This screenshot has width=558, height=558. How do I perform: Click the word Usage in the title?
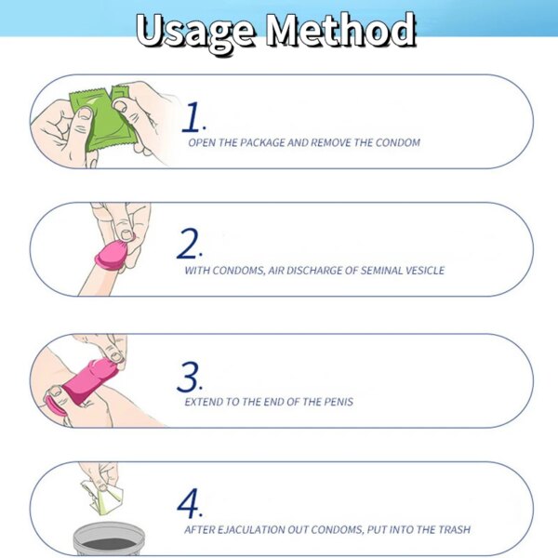point(195,32)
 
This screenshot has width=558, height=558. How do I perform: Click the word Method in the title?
point(341,30)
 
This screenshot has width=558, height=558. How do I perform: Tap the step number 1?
point(193,117)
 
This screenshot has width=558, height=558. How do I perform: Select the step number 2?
point(190,243)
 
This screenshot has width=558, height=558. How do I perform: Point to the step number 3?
point(190,377)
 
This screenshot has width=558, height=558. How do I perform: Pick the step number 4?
point(190,503)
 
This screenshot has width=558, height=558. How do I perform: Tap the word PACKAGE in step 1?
point(262,142)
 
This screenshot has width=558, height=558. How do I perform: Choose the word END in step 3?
point(274,402)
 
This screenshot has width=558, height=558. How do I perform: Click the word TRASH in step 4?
point(455,529)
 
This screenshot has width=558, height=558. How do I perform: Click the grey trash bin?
point(109,539)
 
